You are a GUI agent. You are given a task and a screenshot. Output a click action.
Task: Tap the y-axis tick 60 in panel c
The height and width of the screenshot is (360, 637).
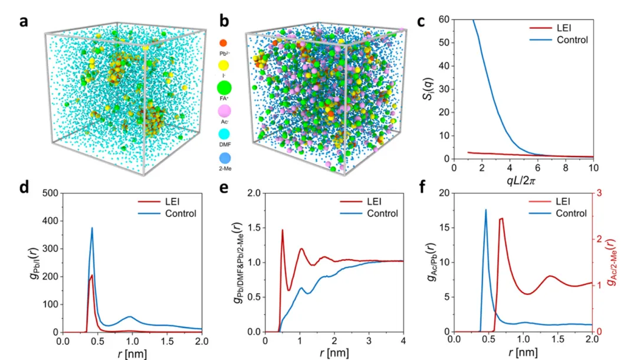(x=442, y=20)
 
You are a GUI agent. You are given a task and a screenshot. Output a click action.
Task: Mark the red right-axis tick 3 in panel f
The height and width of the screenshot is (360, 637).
(x=601, y=193)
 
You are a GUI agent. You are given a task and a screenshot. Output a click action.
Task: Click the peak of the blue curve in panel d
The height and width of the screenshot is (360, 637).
(x=92, y=228)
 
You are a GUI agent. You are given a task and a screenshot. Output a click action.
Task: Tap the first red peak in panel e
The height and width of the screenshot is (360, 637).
(x=283, y=230)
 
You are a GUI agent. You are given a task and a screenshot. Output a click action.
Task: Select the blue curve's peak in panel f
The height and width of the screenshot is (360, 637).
(x=486, y=210)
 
